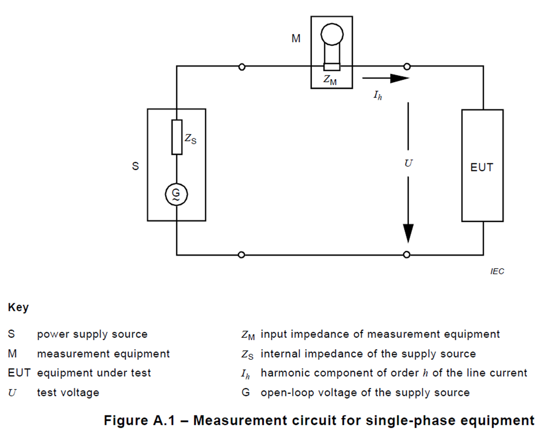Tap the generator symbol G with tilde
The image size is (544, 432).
(176, 194)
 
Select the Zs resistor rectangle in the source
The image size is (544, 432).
(177, 137)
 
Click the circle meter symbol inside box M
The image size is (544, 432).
(332, 35)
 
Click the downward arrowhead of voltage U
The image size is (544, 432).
(408, 233)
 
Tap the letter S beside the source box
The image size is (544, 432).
(135, 166)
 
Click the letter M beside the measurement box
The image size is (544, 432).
(296, 38)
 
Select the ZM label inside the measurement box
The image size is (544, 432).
(330, 79)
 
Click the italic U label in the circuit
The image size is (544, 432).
(408, 163)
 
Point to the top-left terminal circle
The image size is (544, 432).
(242, 67)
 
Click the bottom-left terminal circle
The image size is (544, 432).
(242, 255)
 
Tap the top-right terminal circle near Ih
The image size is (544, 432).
(407, 67)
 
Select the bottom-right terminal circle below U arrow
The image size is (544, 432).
(407, 255)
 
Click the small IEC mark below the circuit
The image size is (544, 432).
(497, 272)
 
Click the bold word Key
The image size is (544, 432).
(18, 308)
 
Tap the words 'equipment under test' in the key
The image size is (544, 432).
(94, 373)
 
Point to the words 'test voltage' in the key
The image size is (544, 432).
(68, 392)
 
